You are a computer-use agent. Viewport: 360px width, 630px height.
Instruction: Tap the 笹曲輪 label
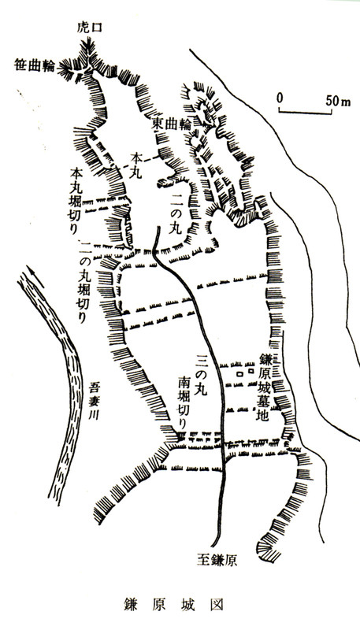[34, 65]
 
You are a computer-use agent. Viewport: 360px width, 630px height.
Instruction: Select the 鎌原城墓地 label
[265, 385]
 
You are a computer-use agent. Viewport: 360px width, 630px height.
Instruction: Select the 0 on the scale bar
[280, 100]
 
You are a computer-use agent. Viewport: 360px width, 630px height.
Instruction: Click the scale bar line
[308, 111]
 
